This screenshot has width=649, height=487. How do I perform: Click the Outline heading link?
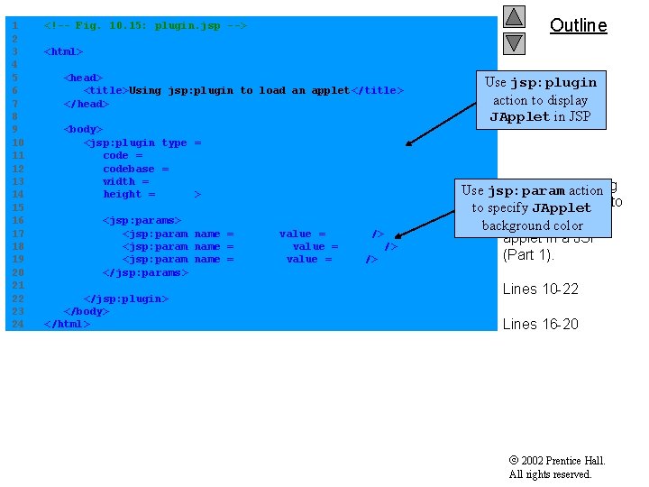point(578,25)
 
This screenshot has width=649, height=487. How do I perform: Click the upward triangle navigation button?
point(514,16)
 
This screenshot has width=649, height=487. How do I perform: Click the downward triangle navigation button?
point(514,41)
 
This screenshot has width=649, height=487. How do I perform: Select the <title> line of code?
point(243,90)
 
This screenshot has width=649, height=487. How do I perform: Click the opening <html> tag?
point(63,51)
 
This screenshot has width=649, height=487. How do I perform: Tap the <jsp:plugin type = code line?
point(142,142)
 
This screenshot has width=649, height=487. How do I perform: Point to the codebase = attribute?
point(135,169)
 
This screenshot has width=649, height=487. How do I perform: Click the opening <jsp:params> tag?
point(142,220)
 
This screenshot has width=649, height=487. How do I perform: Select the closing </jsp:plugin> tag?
point(126,299)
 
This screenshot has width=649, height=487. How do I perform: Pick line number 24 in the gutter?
point(16,324)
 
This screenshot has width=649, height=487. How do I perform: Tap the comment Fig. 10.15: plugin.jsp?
point(145,26)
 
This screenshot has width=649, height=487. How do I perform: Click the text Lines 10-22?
point(540,289)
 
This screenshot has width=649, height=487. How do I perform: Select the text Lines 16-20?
point(540,324)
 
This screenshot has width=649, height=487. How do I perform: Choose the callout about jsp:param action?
point(532,207)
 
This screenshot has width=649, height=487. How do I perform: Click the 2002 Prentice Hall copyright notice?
point(556,467)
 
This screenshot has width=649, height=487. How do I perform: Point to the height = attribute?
point(129,194)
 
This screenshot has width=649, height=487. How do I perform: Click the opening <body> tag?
point(83,129)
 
